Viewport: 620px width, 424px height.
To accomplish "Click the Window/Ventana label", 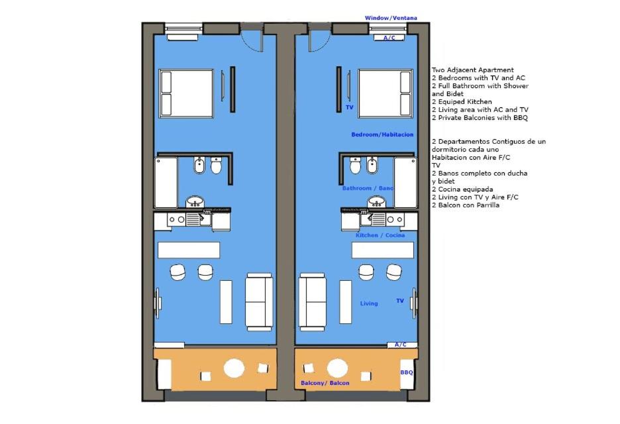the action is (x=391, y=18).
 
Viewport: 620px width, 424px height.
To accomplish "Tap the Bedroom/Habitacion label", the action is (x=382, y=134).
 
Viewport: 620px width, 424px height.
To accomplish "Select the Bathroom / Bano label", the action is (x=368, y=188).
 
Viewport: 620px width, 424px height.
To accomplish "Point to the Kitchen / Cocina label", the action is (x=380, y=235).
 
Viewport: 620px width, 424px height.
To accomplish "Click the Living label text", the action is (x=369, y=303).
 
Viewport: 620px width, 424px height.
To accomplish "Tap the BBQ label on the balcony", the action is (x=407, y=372).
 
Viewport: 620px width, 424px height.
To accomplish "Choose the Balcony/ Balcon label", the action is (x=325, y=383).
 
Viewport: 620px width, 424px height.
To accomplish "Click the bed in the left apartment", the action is (x=186, y=93).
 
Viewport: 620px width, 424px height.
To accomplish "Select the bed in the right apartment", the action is (x=386, y=93).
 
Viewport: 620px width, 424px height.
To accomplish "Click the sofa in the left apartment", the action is (x=259, y=302).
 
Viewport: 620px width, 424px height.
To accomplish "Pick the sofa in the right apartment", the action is (x=313, y=302).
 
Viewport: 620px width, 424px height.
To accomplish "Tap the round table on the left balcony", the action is (x=234, y=368).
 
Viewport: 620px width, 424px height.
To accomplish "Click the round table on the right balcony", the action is (x=337, y=368).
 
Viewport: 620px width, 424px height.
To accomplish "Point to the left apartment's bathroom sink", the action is (x=195, y=201).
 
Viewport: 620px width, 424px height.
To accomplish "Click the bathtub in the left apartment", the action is (x=166, y=182).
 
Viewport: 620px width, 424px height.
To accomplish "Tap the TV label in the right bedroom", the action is (x=350, y=107).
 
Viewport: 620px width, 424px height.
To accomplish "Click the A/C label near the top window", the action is (x=389, y=38).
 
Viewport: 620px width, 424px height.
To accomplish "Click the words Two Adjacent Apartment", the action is (x=473, y=70).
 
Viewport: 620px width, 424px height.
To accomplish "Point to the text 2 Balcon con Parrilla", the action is (x=466, y=205).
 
